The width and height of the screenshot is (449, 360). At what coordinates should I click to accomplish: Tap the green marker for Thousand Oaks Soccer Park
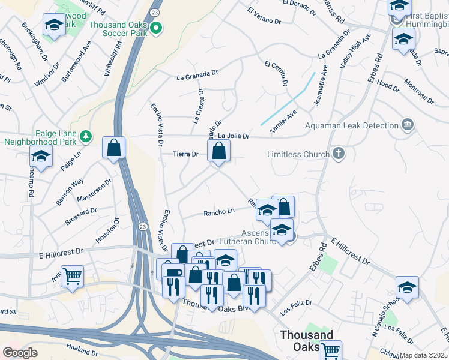point(157,28)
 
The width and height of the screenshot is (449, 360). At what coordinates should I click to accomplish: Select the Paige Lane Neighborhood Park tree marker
point(86,136)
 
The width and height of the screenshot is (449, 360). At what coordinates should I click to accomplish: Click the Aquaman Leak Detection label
point(351,125)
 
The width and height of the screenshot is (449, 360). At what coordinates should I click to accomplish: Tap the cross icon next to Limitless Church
point(339,154)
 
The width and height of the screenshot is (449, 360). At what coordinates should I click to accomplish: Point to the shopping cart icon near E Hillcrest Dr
point(72,277)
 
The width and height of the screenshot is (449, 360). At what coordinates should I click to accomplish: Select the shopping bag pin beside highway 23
point(113,148)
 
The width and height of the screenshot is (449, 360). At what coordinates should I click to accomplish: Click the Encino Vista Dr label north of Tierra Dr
point(157,124)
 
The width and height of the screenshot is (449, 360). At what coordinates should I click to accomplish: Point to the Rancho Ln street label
point(218,212)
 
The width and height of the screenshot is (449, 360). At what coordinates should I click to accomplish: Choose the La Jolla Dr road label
point(233,136)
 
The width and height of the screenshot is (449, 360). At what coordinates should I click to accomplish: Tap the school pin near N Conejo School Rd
point(407,287)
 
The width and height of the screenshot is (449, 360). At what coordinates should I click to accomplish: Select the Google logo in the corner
point(20,353)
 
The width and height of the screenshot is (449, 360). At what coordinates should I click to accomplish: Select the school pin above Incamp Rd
point(41,157)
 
